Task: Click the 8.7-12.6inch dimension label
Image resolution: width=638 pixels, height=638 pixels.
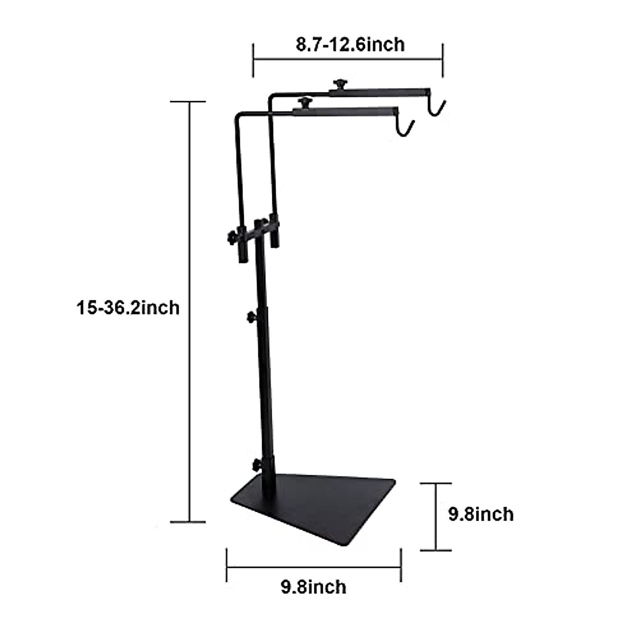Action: tap(350, 44)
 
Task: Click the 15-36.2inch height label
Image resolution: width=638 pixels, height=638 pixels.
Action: tap(128, 308)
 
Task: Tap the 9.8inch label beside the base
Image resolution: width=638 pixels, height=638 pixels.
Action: tap(481, 514)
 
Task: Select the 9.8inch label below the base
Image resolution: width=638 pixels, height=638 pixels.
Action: tap(314, 587)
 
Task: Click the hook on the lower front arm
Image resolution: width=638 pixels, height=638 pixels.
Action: tap(406, 128)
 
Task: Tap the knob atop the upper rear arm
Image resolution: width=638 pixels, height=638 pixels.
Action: tap(338, 84)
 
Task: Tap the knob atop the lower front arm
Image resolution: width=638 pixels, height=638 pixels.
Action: tap(305, 102)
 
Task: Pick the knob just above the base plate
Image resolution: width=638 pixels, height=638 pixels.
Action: tap(257, 464)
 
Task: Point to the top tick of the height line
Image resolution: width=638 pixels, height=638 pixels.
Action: tap(188, 102)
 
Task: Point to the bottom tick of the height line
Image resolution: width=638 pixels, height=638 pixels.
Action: tap(188, 522)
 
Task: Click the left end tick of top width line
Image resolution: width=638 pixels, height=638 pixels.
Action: tap(253, 60)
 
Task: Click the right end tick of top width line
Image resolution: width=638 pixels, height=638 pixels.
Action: tap(443, 60)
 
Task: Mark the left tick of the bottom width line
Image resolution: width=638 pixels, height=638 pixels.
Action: tap(227, 566)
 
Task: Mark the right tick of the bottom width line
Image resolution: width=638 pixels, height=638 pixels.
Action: tap(401, 566)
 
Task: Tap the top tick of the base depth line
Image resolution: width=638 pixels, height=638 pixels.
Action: tap(436, 484)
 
